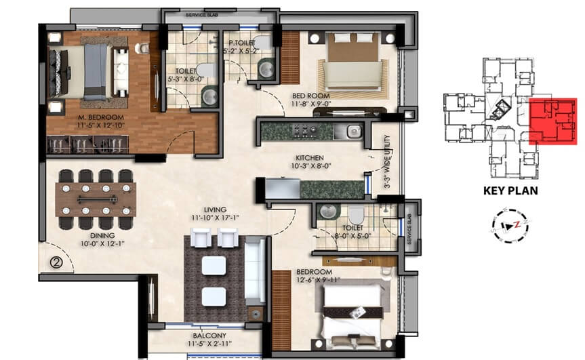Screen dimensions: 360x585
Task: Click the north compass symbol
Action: click(510, 222)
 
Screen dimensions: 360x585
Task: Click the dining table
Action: click(95, 199)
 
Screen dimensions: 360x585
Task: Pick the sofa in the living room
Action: click(254, 270)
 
